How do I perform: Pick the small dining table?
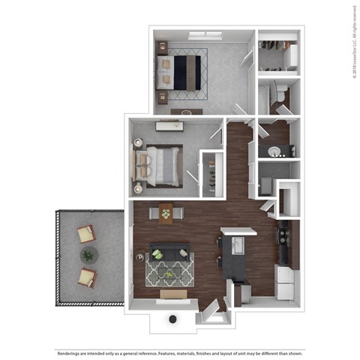(x=166, y=214)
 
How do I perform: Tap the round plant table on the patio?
(x=88, y=256)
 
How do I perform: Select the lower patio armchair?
(x=87, y=277)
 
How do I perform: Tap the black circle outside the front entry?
(x=173, y=319)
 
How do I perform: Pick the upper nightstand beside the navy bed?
(x=163, y=49)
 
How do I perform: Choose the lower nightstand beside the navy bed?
(x=163, y=97)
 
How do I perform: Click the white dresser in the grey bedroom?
(x=168, y=126)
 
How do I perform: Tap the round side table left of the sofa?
(x=140, y=256)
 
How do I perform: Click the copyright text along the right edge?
(x=352, y=41)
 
